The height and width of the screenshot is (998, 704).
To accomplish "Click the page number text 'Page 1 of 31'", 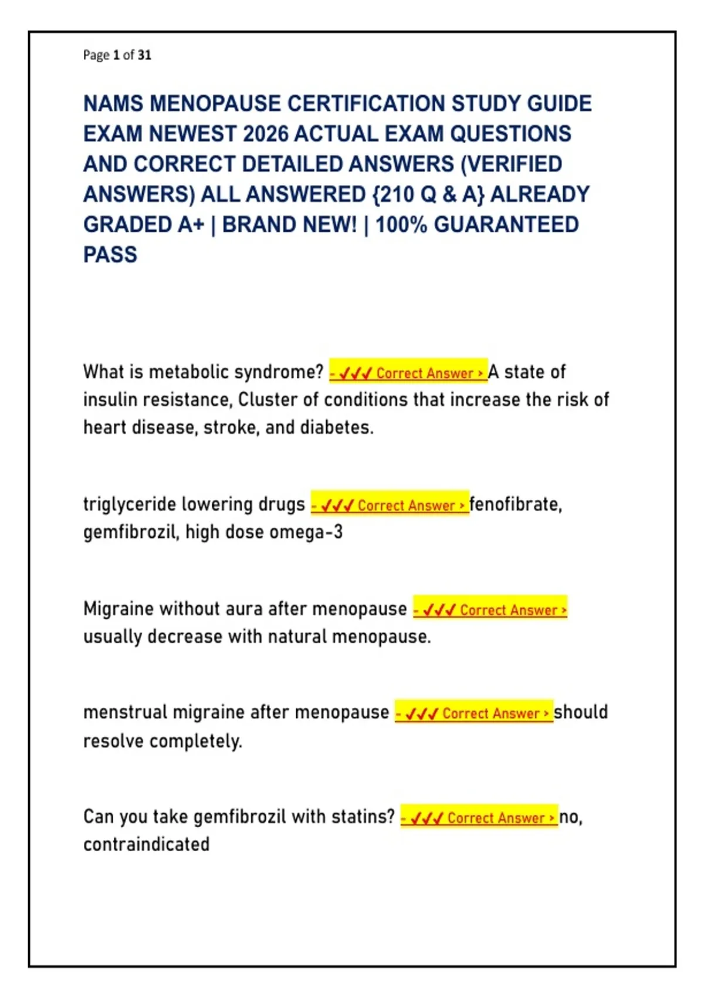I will (x=117, y=55).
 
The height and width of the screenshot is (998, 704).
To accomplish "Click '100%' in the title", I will (x=401, y=225).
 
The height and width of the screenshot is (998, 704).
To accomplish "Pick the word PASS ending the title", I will (x=110, y=255).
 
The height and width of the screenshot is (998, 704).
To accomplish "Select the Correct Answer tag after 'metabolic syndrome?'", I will (x=408, y=372).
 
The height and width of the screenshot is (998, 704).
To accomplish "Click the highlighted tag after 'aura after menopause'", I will (x=490, y=609).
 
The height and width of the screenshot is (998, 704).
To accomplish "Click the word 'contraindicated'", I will (x=147, y=844).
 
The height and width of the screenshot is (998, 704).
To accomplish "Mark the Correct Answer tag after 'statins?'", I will (x=479, y=817).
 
